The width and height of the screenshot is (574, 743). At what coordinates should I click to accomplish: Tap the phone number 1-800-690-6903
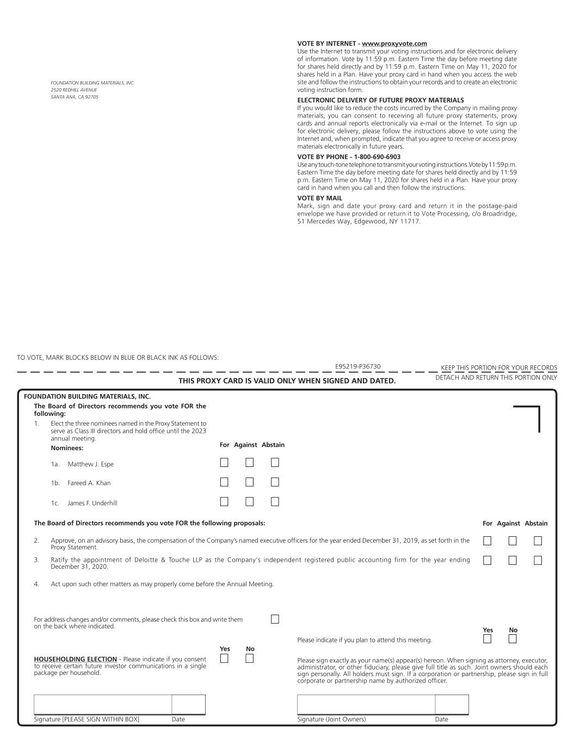pos(377,157)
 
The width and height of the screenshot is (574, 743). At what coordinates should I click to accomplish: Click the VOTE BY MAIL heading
pos(319,198)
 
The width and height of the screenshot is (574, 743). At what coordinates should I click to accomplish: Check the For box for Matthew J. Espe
pos(224,463)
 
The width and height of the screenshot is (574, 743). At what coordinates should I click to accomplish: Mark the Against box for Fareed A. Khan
pos(250,482)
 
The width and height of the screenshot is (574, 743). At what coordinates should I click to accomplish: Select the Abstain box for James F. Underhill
pos(275,502)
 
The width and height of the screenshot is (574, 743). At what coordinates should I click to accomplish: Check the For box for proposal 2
pos(487,541)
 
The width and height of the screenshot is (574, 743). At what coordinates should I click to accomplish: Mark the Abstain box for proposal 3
pos(538,561)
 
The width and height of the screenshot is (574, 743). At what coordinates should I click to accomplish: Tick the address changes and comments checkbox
pos(275,619)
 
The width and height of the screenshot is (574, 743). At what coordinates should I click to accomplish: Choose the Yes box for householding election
pos(224,659)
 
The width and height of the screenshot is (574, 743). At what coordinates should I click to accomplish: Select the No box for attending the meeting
pos(513,639)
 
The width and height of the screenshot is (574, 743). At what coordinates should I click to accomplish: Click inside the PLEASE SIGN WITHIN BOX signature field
pos(103,704)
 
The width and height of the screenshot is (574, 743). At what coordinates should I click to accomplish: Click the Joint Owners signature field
pos(366,704)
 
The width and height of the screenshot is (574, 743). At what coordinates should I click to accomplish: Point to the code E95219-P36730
pos(358,367)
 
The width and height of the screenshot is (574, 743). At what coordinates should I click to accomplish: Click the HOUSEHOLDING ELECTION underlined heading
pos(75,659)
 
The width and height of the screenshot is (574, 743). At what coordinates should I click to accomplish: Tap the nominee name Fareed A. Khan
pos(89,483)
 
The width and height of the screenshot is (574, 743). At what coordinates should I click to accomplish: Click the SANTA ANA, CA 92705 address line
pos(75,97)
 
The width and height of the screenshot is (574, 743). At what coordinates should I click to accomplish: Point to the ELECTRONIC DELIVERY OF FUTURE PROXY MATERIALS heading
pos(380,100)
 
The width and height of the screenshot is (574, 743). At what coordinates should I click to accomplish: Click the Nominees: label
pos(67,448)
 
